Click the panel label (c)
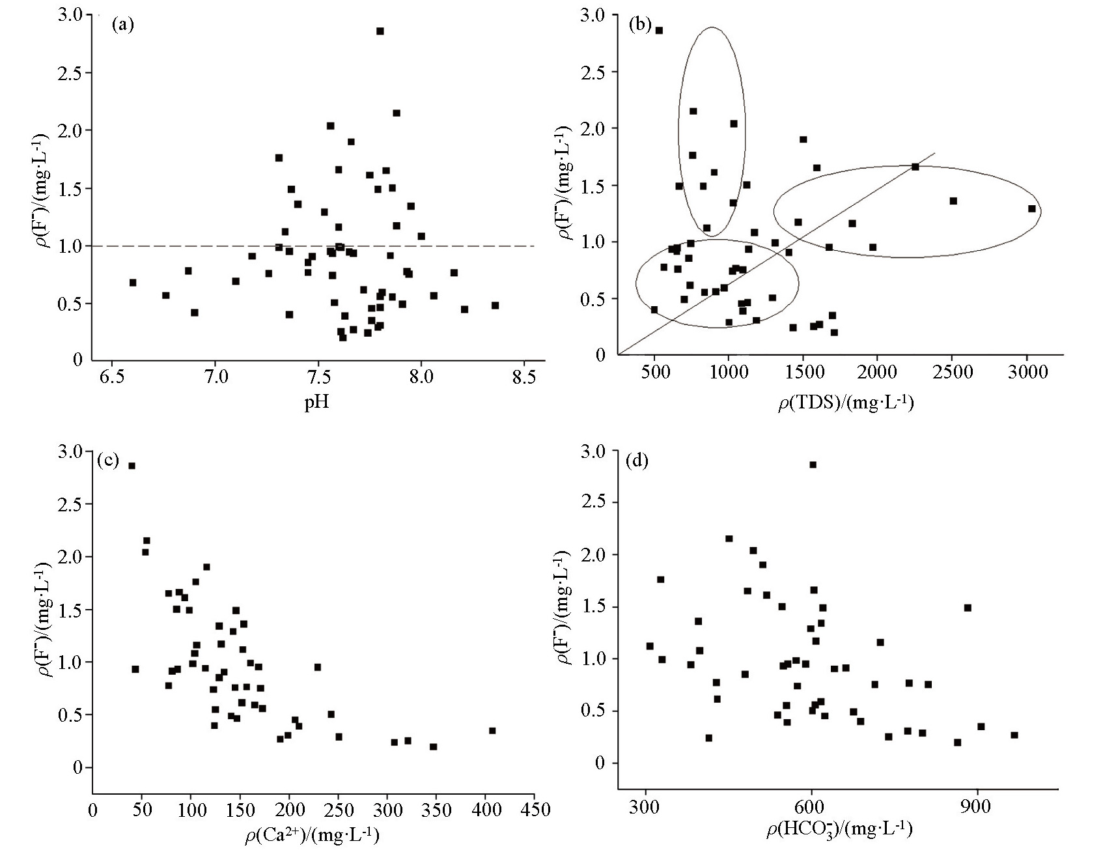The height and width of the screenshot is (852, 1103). [107, 461]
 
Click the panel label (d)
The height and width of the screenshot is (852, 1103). [635, 461]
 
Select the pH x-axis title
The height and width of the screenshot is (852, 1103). [317, 402]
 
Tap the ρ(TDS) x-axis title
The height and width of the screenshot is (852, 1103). [846, 404]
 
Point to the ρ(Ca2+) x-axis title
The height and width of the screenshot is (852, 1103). [312, 835]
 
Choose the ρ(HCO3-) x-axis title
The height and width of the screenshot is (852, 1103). [839, 829]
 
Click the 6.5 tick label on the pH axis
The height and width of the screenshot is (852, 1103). [112, 378]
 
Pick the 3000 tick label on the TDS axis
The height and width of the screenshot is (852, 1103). [1027, 373]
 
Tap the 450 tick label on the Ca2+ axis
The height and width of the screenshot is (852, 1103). [535, 810]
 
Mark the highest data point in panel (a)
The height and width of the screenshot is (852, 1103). [380, 31]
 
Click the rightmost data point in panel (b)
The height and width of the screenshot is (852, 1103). [1031, 208]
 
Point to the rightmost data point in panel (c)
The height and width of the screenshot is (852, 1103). [492, 731]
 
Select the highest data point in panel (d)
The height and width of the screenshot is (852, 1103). [813, 464]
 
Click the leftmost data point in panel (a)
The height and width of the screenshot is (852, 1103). [133, 283]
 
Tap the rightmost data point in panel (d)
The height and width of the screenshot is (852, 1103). [1014, 735]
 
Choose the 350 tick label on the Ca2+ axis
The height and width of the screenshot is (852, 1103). [436, 810]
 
